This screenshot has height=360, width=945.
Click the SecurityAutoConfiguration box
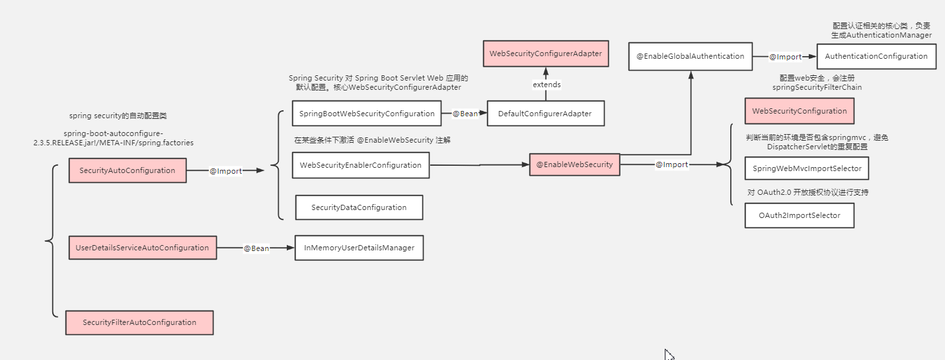(128, 170)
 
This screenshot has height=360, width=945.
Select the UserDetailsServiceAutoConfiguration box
(142, 248)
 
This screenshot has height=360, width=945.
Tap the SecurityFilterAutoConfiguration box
(139, 322)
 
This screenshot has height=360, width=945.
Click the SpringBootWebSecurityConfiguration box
(367, 114)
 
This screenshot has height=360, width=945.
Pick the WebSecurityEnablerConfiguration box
(360, 165)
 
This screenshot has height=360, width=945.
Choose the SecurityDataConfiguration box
(359, 207)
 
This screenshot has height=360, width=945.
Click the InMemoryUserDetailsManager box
(359, 248)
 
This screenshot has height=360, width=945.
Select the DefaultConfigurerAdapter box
(546, 114)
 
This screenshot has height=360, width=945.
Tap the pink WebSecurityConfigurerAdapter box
(546, 54)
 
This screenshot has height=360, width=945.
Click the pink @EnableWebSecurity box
(574, 164)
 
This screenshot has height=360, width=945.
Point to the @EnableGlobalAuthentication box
(690, 56)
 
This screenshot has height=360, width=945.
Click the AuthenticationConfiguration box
(876, 56)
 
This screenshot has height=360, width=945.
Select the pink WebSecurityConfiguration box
(799, 111)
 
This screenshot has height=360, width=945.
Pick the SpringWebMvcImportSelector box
(807, 168)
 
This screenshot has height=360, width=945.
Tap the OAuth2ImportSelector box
(799, 215)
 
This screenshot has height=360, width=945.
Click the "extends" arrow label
(547, 85)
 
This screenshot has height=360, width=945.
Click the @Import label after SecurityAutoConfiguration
(225, 171)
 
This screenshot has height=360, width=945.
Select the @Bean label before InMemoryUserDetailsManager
(256, 248)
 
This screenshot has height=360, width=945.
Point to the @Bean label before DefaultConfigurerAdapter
(465, 114)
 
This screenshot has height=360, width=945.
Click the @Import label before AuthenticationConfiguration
(785, 57)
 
